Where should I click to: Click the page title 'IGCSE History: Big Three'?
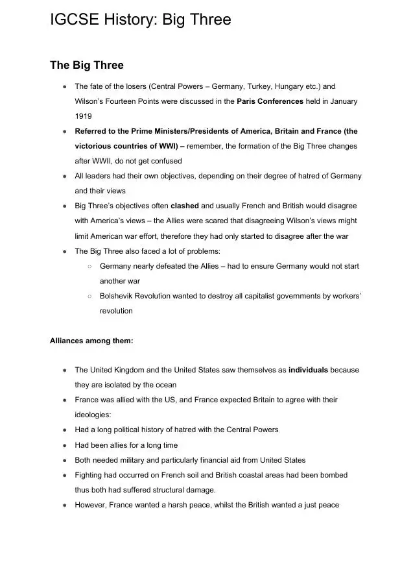pyautogui.click(x=140, y=20)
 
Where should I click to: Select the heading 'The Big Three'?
pyautogui.click(x=86, y=66)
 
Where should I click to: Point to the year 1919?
pyautogui.click(x=84, y=116)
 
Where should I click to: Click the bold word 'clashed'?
pyautogui.click(x=185, y=206)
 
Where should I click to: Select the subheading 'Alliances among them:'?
pyautogui.click(x=91, y=340)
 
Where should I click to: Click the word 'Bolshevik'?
pyautogui.click(x=117, y=296)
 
